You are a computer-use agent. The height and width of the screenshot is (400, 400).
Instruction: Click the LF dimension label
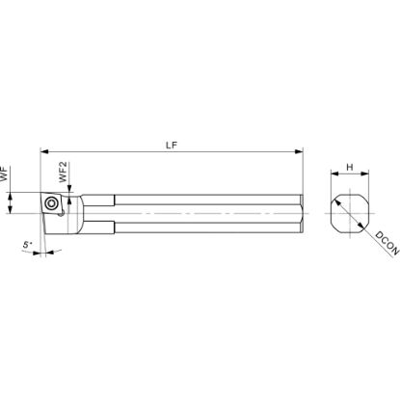(172, 145)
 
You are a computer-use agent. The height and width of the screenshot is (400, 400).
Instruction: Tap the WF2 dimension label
(63, 172)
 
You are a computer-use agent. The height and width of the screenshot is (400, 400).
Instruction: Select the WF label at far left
(4, 174)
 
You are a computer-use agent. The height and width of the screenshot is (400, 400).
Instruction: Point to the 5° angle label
(27, 245)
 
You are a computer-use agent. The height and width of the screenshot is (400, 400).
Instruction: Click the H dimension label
(350, 167)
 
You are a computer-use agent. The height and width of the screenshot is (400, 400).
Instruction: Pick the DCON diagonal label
(387, 243)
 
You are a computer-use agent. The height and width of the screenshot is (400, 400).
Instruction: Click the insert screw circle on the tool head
(51, 203)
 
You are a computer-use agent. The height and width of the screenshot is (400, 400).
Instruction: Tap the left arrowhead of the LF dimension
(44, 151)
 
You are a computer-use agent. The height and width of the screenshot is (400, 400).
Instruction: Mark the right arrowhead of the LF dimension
(299, 151)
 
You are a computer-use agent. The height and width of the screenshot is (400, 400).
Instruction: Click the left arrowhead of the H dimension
(335, 173)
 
